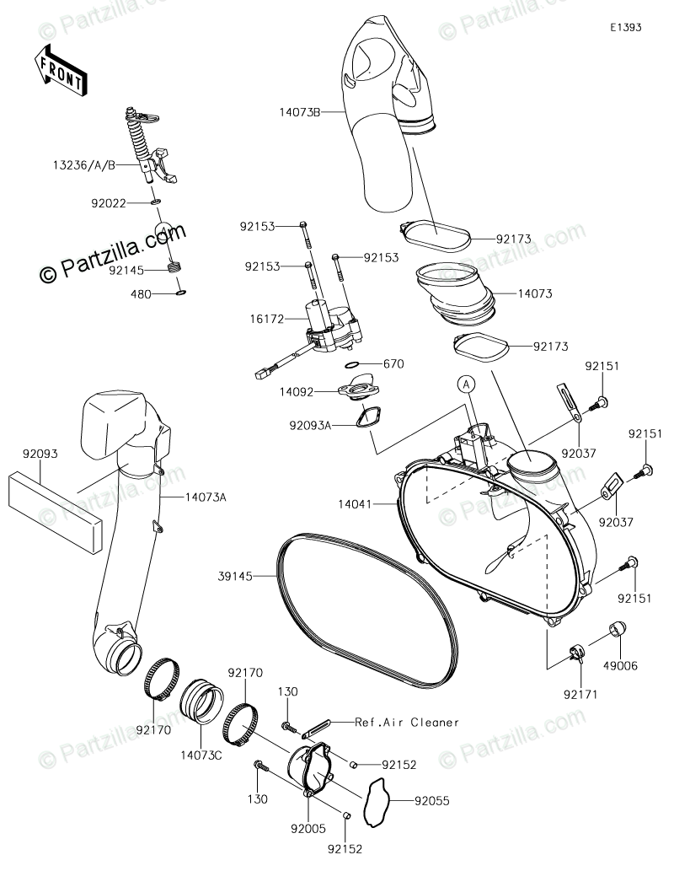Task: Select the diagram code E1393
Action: (627, 27)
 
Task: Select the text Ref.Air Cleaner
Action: (407, 722)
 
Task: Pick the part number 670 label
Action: (394, 364)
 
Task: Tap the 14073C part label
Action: (201, 755)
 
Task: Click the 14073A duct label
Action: (204, 497)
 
